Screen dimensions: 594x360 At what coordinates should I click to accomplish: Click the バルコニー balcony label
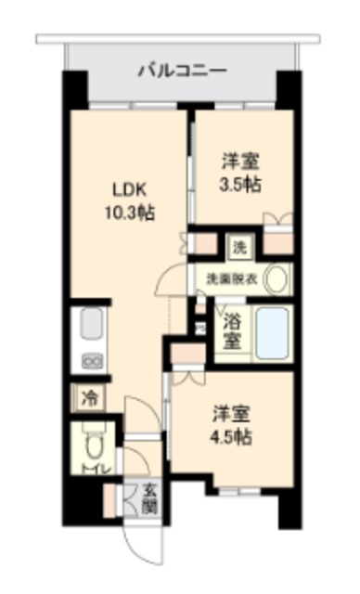point(182,69)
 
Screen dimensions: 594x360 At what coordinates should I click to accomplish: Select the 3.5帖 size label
point(240,183)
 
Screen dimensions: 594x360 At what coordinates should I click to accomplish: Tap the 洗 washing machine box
point(240,248)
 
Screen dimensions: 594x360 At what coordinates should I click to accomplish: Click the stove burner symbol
point(93,361)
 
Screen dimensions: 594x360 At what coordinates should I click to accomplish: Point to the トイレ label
point(93,470)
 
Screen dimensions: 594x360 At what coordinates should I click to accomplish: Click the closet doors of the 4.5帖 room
point(186,375)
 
